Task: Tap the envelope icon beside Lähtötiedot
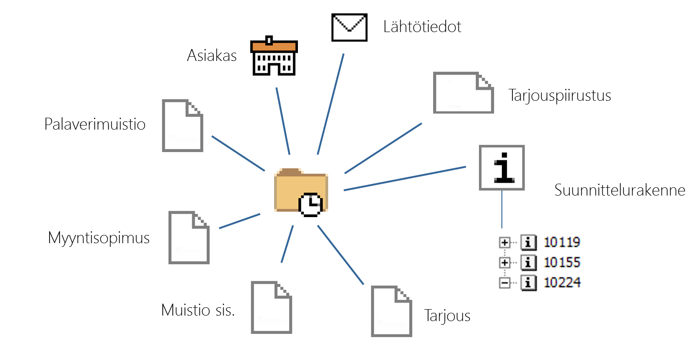point(349,27)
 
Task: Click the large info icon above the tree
point(502,168)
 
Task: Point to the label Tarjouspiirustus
point(560,96)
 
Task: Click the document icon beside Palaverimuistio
point(182,125)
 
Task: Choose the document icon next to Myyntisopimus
point(189,237)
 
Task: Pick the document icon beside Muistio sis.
point(271,307)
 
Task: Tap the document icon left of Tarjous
point(391,311)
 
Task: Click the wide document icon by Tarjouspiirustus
point(463,93)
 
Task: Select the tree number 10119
point(562,242)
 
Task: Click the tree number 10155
point(562,262)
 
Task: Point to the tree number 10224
point(562,283)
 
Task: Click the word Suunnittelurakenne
point(620,190)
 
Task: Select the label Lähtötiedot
point(422,27)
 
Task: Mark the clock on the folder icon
point(310,204)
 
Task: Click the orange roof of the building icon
point(274,46)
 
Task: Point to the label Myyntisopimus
point(99,238)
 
